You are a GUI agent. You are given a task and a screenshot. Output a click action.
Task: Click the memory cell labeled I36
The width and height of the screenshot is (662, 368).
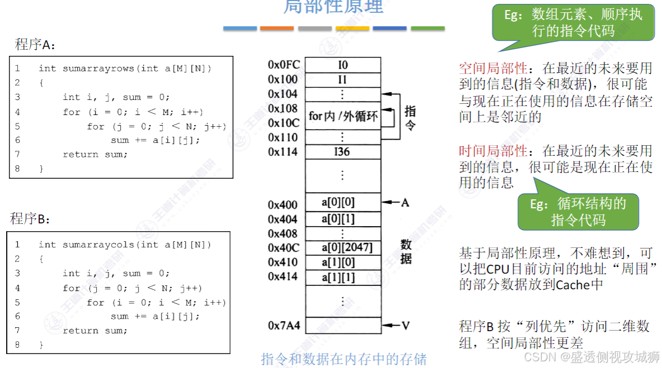pyautogui.click(x=342, y=151)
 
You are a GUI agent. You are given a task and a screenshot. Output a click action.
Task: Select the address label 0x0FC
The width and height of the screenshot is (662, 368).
pyautogui.click(x=283, y=65)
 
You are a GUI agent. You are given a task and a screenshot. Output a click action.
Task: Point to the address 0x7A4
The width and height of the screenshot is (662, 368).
pyautogui.click(x=283, y=325)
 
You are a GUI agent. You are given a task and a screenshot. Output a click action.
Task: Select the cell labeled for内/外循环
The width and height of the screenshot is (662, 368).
pyautogui.click(x=342, y=116)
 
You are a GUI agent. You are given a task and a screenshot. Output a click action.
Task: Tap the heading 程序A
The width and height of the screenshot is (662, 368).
pyautogui.click(x=35, y=45)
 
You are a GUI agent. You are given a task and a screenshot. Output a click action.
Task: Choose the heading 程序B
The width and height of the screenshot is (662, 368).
pyautogui.click(x=30, y=219)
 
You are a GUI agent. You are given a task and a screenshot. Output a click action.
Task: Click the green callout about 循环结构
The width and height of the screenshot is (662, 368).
pyautogui.click(x=578, y=212)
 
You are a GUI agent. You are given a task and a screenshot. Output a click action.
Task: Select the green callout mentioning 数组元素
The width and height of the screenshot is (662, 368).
pyautogui.click(x=573, y=22)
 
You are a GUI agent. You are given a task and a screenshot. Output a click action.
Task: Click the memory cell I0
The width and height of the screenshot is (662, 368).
pyautogui.click(x=342, y=65)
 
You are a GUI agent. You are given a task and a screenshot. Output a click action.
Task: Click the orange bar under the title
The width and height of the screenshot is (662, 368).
pyautogui.click(x=277, y=28)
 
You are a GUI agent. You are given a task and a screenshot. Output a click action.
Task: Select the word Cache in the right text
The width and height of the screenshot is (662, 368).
pyautogui.click(x=573, y=285)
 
